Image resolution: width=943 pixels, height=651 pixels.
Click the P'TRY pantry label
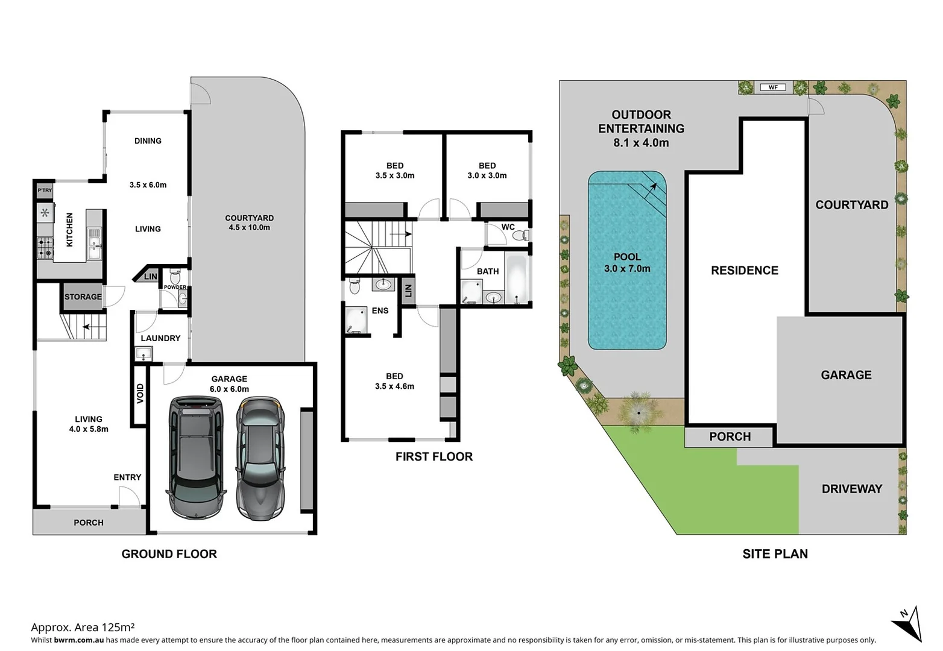tap(45, 190)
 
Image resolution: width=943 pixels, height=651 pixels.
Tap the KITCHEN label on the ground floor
tap(69, 230)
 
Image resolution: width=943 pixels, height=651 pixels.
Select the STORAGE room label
tap(83, 297)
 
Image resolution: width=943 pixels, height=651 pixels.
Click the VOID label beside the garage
tap(140, 394)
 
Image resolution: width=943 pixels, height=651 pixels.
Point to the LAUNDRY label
tap(160, 338)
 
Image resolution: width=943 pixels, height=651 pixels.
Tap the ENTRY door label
tap(127, 477)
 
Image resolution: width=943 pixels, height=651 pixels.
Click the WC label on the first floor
tap(508, 227)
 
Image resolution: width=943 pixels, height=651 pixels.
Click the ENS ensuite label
tap(380, 310)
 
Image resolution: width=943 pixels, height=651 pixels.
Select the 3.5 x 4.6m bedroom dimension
tap(394, 386)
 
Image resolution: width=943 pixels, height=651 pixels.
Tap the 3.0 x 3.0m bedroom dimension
tap(487, 175)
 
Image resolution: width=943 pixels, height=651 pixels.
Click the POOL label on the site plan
tap(627, 257)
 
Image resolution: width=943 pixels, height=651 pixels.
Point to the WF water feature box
tap(773, 87)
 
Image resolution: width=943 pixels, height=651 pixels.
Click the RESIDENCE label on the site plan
tap(744, 271)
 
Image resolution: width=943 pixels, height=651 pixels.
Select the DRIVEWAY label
tap(851, 489)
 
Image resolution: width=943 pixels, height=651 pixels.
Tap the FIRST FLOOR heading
tap(434, 457)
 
